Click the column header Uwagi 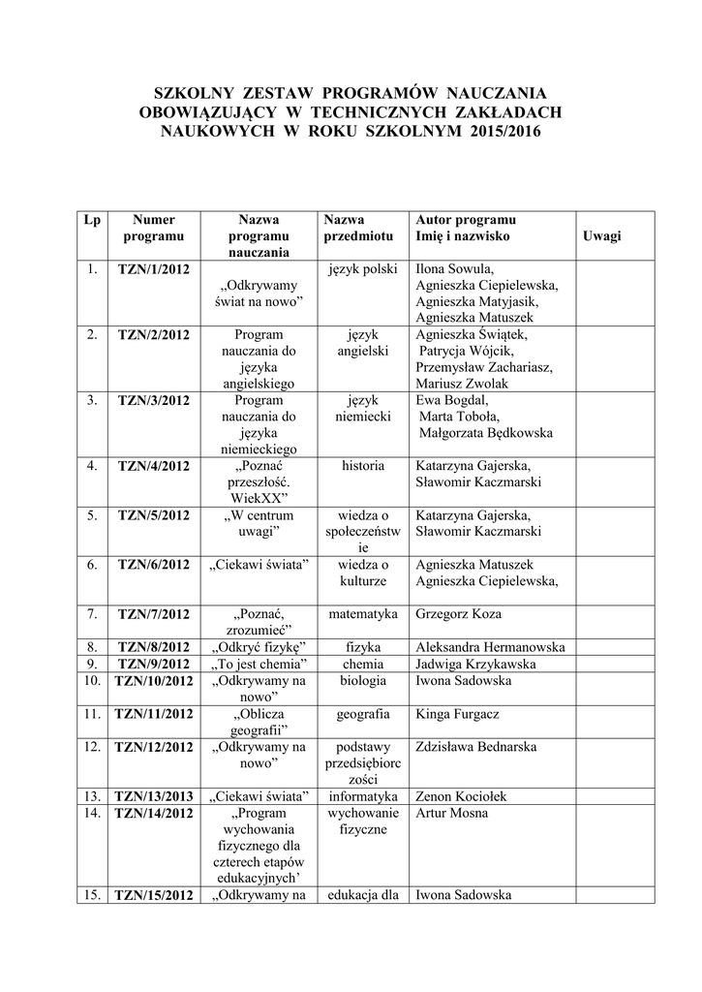(601, 236)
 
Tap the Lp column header (92, 220)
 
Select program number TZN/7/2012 (153, 614)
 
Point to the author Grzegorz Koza (458, 613)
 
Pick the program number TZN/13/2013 (153, 796)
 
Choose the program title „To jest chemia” (259, 664)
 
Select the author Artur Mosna (451, 813)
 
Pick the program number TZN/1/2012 (153, 268)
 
